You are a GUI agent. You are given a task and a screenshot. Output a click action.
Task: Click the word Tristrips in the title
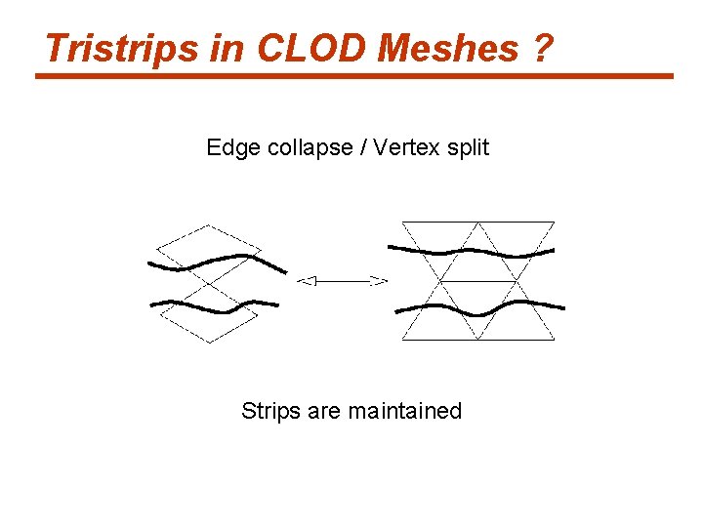121,47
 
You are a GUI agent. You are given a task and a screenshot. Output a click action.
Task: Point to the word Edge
228,147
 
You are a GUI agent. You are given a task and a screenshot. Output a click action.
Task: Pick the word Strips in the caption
270,411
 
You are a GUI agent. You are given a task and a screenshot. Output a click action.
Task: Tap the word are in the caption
324,411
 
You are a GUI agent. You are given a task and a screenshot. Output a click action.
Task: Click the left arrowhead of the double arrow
305,281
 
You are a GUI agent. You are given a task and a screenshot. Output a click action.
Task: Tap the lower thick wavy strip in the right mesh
478,309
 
